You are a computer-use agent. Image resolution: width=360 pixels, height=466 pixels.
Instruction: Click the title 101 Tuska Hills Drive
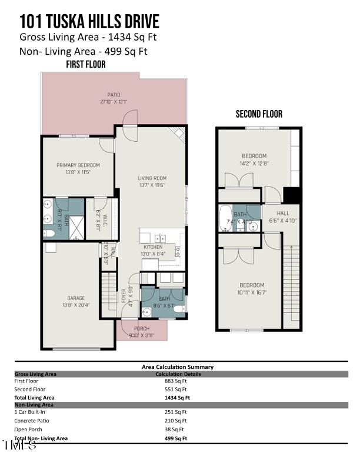[x=89, y=22]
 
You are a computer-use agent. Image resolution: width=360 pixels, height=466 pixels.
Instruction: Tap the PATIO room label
[x=114, y=95]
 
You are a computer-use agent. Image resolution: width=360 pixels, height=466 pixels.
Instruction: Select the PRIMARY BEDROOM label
[x=78, y=165]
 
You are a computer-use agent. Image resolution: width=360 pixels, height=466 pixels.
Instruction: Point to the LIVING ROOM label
[x=152, y=178]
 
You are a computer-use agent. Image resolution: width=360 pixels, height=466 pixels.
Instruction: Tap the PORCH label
[x=142, y=328]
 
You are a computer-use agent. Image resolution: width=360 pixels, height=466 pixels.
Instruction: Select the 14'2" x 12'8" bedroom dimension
[x=254, y=163]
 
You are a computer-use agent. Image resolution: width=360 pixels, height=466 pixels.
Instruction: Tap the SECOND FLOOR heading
[x=259, y=114]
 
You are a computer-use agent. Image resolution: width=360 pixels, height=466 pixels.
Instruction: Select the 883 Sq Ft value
[x=176, y=381]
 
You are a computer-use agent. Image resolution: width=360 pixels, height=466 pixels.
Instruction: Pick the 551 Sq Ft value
[x=176, y=390]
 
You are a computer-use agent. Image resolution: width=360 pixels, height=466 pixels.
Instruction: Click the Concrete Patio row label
[x=32, y=421]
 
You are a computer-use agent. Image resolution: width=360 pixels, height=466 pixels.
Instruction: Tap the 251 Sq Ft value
[x=176, y=412]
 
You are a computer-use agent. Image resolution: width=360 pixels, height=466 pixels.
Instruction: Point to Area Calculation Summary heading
[x=178, y=367]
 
